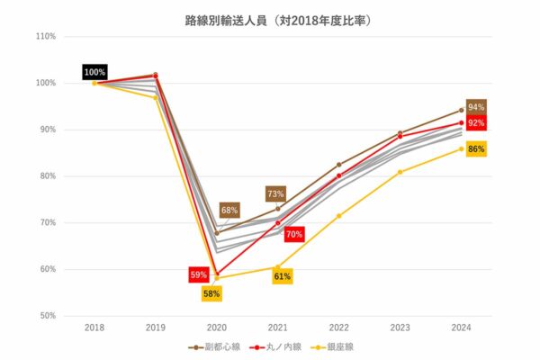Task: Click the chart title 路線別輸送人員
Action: [x=271, y=18]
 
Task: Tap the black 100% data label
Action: [x=94, y=72]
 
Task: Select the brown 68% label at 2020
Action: [x=229, y=210]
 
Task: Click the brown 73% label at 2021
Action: [x=275, y=193]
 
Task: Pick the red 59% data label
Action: [x=199, y=274]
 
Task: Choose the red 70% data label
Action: [x=293, y=235]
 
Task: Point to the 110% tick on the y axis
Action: [x=45, y=37]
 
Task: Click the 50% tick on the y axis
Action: [x=47, y=316]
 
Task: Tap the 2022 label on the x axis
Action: [x=339, y=328]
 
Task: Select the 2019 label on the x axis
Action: [x=156, y=328]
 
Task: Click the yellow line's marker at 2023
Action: [x=400, y=172]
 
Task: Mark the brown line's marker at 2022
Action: [x=339, y=165]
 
